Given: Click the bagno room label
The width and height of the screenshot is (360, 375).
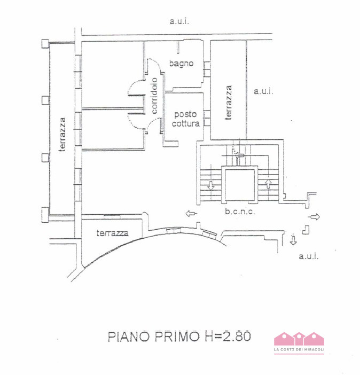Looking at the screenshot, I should click(x=181, y=64).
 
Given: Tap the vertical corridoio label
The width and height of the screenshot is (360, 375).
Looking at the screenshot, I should click(x=154, y=97).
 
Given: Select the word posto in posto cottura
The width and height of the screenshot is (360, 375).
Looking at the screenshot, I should click(x=185, y=114).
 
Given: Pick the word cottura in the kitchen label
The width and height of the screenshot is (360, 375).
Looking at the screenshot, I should click(x=185, y=123).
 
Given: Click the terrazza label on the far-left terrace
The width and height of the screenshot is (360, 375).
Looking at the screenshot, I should click(x=62, y=134).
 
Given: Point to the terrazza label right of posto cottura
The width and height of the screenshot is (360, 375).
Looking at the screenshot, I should click(x=229, y=102).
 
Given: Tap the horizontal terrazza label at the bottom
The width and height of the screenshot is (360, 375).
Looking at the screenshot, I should click(x=112, y=233).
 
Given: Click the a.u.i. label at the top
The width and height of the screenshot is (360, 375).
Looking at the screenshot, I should click(x=179, y=21).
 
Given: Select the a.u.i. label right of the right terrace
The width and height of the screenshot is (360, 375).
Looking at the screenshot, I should click(x=263, y=91).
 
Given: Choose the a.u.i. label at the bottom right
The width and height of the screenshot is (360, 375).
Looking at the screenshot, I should click(x=308, y=256).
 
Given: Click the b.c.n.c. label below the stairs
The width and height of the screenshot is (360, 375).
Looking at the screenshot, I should click(x=240, y=212).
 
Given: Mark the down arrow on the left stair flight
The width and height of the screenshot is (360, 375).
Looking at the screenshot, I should click(x=210, y=186).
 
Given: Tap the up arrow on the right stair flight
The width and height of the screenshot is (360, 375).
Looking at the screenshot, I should click(x=268, y=184).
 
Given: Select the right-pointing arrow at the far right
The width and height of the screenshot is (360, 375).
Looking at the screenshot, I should click(x=315, y=216).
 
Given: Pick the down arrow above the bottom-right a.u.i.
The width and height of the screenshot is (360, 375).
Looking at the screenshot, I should click(x=293, y=239).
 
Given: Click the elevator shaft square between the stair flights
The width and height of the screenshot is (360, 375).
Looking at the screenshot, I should click(x=240, y=185).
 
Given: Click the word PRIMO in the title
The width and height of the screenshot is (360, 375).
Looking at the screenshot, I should click(x=175, y=337).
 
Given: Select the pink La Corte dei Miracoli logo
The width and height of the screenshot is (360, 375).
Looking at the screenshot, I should click(x=299, y=342).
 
